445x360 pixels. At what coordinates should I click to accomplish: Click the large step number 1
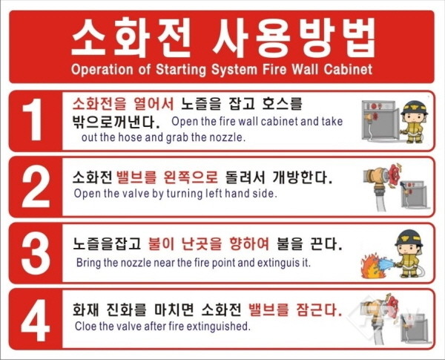(x=33, y=120)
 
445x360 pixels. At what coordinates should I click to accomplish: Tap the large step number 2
(x=35, y=186)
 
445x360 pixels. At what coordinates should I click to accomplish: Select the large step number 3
(x=35, y=253)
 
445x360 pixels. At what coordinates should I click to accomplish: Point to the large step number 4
(x=35, y=320)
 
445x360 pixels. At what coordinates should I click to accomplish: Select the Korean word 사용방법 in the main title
(x=293, y=38)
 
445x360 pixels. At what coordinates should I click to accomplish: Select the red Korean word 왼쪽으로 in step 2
(x=191, y=177)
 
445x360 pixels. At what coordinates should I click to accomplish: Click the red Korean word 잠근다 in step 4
(x=319, y=310)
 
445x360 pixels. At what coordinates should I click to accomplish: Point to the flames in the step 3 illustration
(x=369, y=266)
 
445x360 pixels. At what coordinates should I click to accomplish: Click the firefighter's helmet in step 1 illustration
(x=415, y=108)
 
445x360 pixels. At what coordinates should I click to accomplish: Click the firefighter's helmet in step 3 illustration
(x=409, y=238)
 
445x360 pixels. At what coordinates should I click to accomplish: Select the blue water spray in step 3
(x=385, y=263)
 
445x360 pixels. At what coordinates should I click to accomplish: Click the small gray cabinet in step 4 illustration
(x=414, y=329)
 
